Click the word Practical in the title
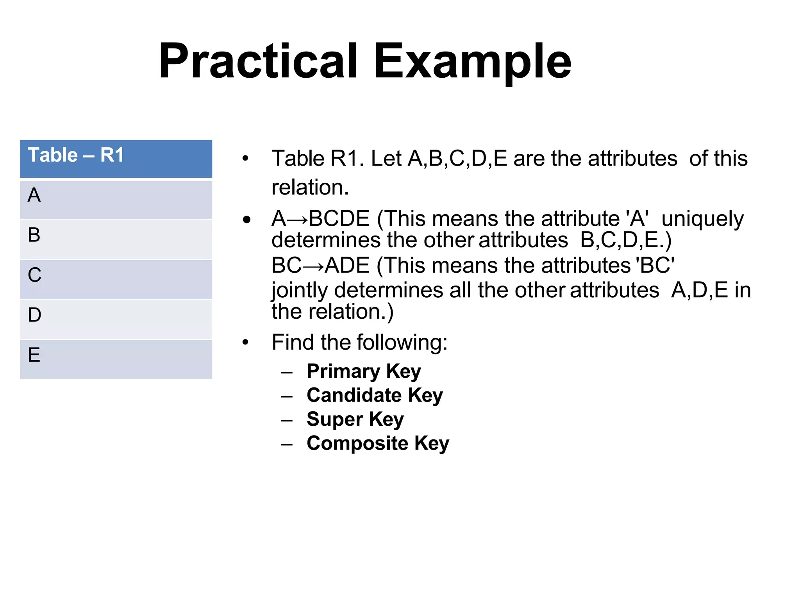[258, 61]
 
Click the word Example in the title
[472, 61]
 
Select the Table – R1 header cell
[116, 159]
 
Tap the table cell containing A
[116, 199]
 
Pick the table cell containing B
[116, 239]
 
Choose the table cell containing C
[116, 279]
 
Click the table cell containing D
[116, 319]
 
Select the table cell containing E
[116, 359]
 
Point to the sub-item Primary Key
[364, 371]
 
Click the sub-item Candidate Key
[375, 395]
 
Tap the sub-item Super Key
[355, 420]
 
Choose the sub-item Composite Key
[378, 443]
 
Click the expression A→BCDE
[320, 218]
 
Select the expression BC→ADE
[320, 266]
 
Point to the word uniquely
[702, 219]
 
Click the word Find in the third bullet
[293, 343]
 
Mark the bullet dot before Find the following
[245, 343]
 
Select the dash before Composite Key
[287, 445]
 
